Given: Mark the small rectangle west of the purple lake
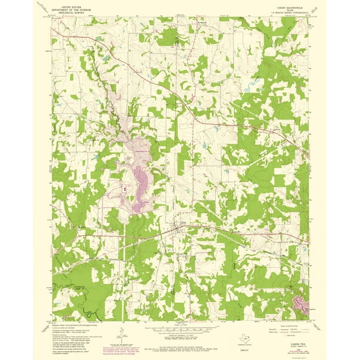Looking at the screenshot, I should [125, 189].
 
